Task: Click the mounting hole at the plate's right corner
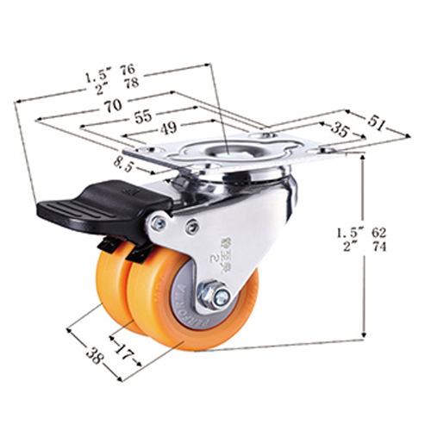[x=325, y=152]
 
